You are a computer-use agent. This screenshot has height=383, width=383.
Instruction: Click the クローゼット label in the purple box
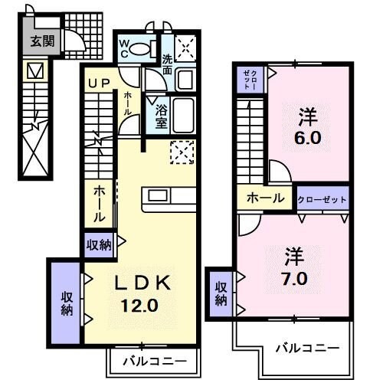pos(322,199)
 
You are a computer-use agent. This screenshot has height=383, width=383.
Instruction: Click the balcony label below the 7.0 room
pos(306,348)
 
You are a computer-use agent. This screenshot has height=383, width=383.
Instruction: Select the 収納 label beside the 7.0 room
pos(221,293)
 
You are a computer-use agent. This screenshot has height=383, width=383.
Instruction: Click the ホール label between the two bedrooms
pos(265,198)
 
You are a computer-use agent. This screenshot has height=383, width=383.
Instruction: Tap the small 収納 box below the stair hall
pos(100,245)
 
